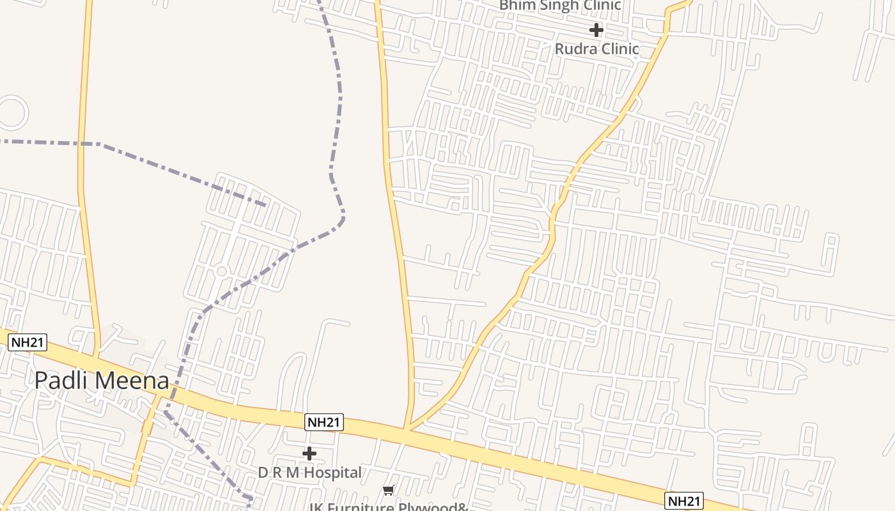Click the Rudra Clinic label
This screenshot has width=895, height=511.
tap(596, 49)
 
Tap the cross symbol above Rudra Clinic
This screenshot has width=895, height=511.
tap(596, 30)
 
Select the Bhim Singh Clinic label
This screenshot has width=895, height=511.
tap(559, 6)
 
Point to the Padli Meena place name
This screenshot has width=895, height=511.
tap(102, 381)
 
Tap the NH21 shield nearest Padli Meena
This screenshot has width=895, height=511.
tap(28, 343)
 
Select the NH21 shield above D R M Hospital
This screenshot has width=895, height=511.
tap(324, 422)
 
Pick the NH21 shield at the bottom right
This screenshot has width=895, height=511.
tap(684, 501)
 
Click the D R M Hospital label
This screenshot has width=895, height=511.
tap(309, 473)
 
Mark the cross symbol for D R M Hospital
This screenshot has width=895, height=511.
tap(309, 454)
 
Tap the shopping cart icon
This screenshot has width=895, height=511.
tap(389, 490)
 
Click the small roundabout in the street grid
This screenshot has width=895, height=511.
tap(222, 271)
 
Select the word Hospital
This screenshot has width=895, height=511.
tap(333, 473)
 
